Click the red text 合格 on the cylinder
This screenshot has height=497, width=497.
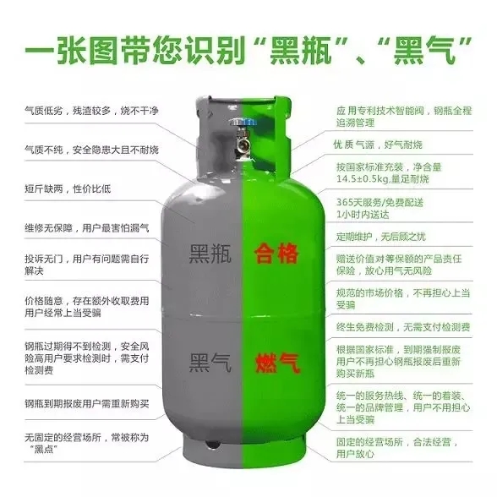pos(276,254)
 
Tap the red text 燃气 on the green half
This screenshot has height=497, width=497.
pos(277,363)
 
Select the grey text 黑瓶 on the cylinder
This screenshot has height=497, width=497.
pos(210,254)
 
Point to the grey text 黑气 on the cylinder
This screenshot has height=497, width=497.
pos(210,363)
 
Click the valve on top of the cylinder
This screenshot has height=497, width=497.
pos(243,139)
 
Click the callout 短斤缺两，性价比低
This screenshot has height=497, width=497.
pos(68,189)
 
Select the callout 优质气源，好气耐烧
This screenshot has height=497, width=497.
pos(378,145)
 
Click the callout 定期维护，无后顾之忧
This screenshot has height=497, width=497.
pos(380,237)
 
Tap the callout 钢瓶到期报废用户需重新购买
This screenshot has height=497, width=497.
pos(87,403)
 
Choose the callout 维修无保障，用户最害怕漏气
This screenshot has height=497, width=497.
pos(87,228)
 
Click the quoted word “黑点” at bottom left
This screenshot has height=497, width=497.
pos(44,450)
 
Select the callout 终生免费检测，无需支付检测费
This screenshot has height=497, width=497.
pos(403,327)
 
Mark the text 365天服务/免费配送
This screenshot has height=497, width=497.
pos(380,202)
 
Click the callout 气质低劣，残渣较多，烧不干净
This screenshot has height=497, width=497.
pos(91,111)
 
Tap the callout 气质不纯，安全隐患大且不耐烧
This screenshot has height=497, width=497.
pos(91,150)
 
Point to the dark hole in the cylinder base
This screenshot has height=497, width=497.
pos(212,444)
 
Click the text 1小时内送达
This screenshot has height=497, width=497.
pos(363,215)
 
